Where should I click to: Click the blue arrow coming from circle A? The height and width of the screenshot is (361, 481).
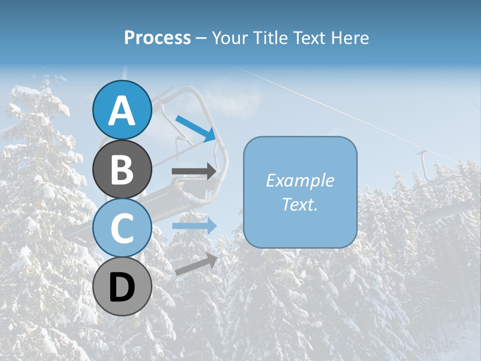[195, 128]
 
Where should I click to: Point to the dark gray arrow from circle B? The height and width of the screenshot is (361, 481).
[194, 171]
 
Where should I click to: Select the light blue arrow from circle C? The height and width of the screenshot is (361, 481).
[194, 226]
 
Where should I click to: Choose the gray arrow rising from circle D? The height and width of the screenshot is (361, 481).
[196, 264]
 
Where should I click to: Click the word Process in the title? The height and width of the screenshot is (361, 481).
[157, 38]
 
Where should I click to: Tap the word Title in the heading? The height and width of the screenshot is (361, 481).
[269, 38]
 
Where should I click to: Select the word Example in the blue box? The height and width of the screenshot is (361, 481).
[300, 180]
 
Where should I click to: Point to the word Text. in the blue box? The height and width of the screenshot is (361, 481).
[300, 205]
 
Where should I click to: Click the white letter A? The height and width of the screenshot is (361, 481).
[122, 110]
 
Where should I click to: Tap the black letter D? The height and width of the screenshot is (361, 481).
[122, 287]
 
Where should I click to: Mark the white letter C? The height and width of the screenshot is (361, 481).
[122, 228]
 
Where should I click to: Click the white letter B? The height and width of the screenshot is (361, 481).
[122, 169]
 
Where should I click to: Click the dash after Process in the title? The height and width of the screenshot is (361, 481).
[201, 38]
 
